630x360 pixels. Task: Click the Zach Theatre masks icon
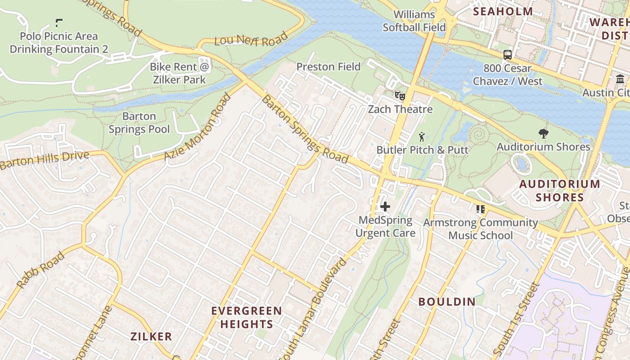(x=400, y=95)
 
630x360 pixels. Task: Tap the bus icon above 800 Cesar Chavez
(x=508, y=55)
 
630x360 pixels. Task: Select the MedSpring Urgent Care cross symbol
(x=385, y=207)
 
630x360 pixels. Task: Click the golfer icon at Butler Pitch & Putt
(x=422, y=136)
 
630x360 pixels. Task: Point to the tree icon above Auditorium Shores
(x=543, y=133)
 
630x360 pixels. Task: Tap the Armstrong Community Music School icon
(x=480, y=209)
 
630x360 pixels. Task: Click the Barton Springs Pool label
(x=139, y=123)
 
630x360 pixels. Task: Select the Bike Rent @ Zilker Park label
(x=180, y=73)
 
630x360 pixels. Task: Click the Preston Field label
(x=328, y=67)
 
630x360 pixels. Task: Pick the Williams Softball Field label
(x=414, y=21)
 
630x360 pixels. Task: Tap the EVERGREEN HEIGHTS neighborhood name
(x=247, y=317)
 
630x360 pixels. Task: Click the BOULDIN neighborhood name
(x=447, y=301)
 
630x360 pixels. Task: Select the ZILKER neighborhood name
(x=151, y=336)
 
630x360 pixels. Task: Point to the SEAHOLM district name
(x=503, y=12)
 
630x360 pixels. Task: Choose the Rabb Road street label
(x=40, y=270)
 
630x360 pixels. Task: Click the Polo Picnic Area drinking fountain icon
(x=58, y=22)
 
